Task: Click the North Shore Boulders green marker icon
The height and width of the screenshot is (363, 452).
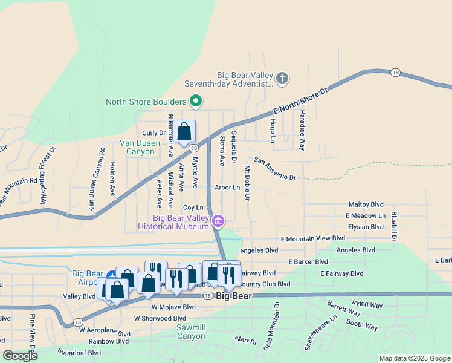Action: coord(195,101)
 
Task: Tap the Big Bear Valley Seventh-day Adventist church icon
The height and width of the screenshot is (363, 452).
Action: coord(282,78)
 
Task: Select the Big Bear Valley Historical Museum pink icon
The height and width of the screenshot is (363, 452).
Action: coord(218,222)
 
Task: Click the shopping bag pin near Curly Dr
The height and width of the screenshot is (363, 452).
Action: coord(185,131)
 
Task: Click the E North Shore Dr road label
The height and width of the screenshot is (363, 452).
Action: coord(300,101)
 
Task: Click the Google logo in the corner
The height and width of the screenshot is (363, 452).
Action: coord(21,356)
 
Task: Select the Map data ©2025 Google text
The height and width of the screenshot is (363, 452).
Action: coord(414,358)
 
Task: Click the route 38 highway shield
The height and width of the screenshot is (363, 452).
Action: coord(193,147)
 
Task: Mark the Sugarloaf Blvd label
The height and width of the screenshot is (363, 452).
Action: coord(79,352)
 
